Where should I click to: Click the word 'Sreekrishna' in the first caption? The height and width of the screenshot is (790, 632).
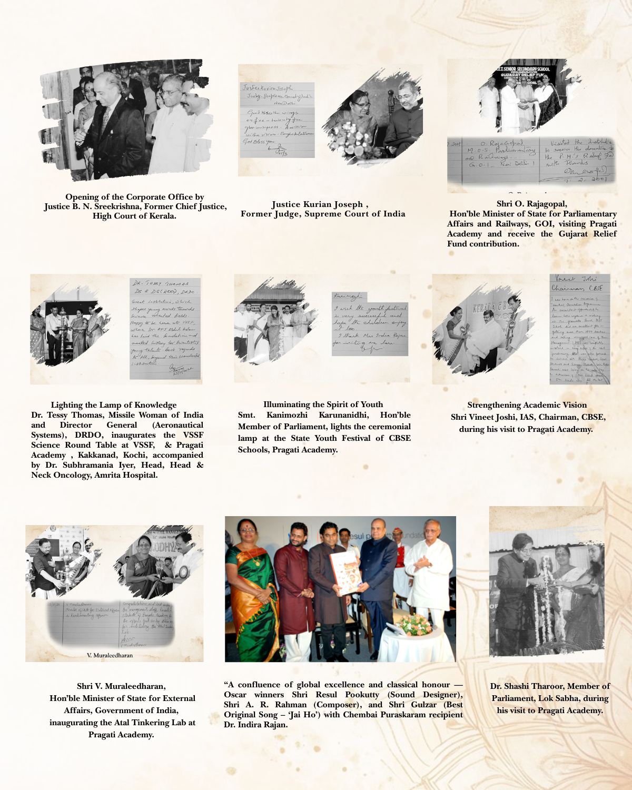coord(116,206)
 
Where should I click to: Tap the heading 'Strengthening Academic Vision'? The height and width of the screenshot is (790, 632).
coord(527,405)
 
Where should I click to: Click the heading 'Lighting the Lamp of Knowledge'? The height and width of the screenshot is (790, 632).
coord(114,405)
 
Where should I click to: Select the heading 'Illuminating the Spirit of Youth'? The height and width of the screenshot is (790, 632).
coord(323,404)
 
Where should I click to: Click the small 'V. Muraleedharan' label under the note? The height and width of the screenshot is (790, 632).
coord(110,655)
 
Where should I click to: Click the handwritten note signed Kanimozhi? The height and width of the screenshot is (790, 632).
coord(370,323)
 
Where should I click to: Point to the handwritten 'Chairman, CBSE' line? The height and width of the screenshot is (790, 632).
coord(577,288)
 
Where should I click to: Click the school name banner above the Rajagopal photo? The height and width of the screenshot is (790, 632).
coord(522,69)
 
